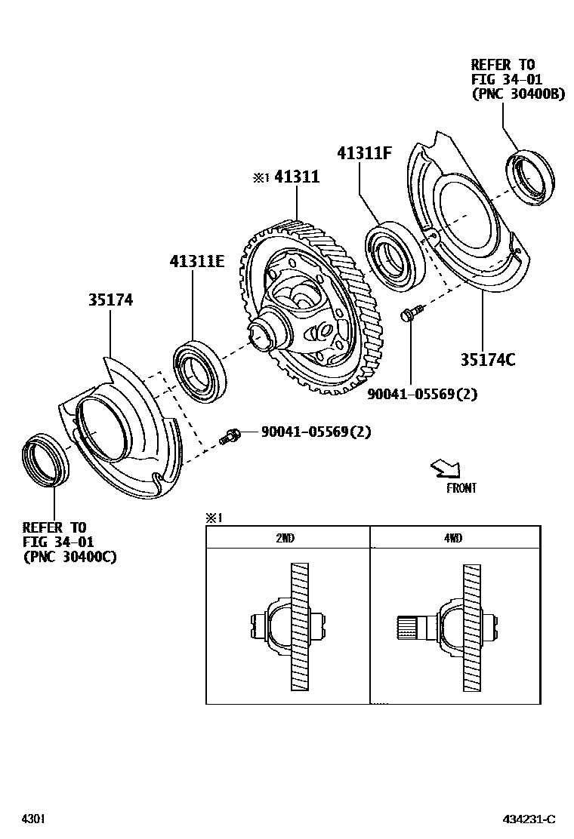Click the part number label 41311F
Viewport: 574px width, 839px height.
[x=364, y=153]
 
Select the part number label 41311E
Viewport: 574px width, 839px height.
[x=197, y=261]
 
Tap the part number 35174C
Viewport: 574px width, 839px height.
[x=487, y=360]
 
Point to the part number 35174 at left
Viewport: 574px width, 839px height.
[x=110, y=300]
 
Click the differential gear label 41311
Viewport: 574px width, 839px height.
[x=297, y=177]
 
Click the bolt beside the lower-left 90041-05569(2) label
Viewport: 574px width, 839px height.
[x=230, y=435]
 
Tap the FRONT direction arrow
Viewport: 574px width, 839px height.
[x=445, y=469]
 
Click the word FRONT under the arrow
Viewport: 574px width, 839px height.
[x=461, y=488]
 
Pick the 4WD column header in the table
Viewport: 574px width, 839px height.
[x=454, y=537]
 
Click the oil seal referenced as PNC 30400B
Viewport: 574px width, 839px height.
[x=529, y=179]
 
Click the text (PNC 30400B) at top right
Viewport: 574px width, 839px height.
[x=517, y=94]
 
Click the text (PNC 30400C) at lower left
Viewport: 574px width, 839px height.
[x=69, y=558]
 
